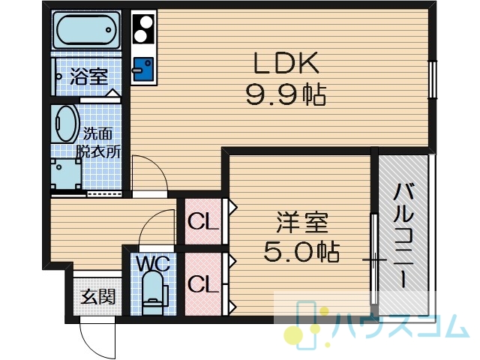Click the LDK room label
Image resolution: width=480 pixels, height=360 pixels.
pos(286,63)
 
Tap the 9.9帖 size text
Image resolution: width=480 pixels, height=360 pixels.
pos(286,95)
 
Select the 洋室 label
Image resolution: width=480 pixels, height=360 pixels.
pos(302,223)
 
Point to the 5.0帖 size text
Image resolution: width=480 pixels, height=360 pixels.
pos(301,252)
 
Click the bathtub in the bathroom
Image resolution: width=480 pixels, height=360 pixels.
pos(86,30)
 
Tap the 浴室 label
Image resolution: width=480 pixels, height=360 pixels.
pos(89,76)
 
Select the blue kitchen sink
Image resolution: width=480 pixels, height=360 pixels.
pos(143,68)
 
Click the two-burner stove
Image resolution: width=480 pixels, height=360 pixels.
pos(142,29)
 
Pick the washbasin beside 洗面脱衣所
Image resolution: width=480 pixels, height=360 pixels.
pos(65,124)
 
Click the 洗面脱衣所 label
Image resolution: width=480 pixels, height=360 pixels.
pos(98,142)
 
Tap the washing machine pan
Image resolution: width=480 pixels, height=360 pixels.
pos(67,174)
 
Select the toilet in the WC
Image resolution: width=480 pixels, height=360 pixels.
pos(155,293)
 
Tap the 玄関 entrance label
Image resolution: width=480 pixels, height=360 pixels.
pos(98,296)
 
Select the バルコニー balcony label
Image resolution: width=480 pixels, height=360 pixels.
pos(403,235)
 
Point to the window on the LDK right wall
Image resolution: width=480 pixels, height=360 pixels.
pos(432,79)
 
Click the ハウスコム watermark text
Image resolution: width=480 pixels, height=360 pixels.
pos(402,326)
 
